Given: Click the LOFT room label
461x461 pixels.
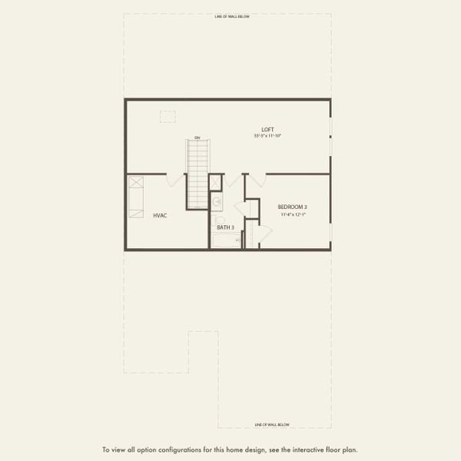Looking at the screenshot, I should click(x=267, y=129).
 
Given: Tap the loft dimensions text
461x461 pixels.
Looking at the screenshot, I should click(x=267, y=136).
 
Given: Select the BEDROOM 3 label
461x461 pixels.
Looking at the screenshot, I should click(x=292, y=207).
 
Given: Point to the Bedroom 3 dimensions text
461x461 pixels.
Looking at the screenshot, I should click(x=292, y=214).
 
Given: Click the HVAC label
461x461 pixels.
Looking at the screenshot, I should click(x=160, y=216).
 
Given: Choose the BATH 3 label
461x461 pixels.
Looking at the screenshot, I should click(x=225, y=227).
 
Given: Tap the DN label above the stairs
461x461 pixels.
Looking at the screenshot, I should click(x=197, y=138).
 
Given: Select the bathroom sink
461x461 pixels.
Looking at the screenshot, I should click(x=217, y=202).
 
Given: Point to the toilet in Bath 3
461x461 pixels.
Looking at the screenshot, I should click(x=219, y=220).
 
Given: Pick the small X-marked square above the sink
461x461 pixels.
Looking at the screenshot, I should click(x=215, y=182).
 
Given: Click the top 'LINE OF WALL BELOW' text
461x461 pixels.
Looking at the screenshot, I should click(x=232, y=15).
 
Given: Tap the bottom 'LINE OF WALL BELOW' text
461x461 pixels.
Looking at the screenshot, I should click(x=273, y=424).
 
